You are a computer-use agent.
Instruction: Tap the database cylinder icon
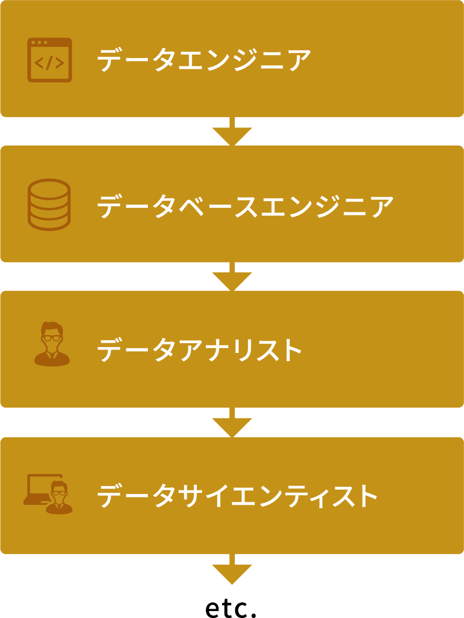click(49, 205)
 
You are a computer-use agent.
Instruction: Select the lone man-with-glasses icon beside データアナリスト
click(52, 344)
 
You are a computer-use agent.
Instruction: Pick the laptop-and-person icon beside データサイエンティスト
click(48, 494)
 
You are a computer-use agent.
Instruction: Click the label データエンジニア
click(204, 60)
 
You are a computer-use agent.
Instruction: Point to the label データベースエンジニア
click(245, 206)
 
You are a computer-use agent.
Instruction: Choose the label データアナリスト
click(199, 350)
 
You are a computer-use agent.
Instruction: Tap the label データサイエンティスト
click(237, 495)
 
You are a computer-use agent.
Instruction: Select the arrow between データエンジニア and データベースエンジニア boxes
click(232, 131)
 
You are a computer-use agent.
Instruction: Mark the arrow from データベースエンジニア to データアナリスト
click(232, 276)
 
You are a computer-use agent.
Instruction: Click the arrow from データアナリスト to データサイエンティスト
click(232, 422)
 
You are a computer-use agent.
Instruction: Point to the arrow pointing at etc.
click(232, 569)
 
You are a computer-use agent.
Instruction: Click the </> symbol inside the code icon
click(49, 63)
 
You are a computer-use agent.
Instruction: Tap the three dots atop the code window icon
click(40, 42)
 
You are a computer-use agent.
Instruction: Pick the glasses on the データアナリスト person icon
click(52, 338)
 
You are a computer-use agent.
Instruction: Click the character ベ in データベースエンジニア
click(191, 206)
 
